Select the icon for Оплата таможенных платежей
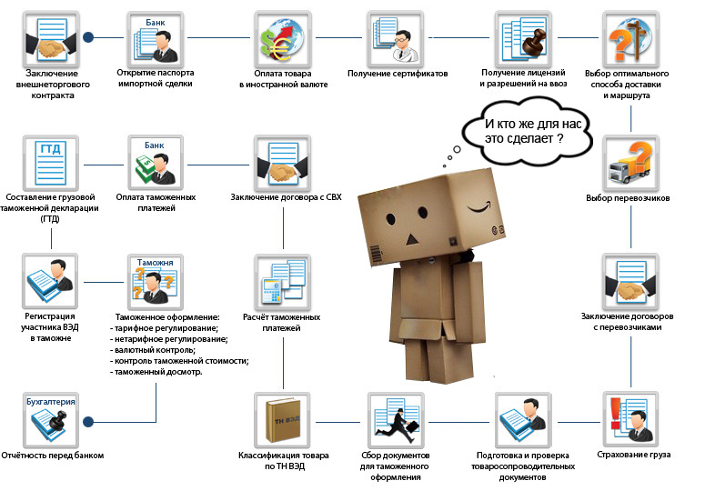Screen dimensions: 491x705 pos(158,162)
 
